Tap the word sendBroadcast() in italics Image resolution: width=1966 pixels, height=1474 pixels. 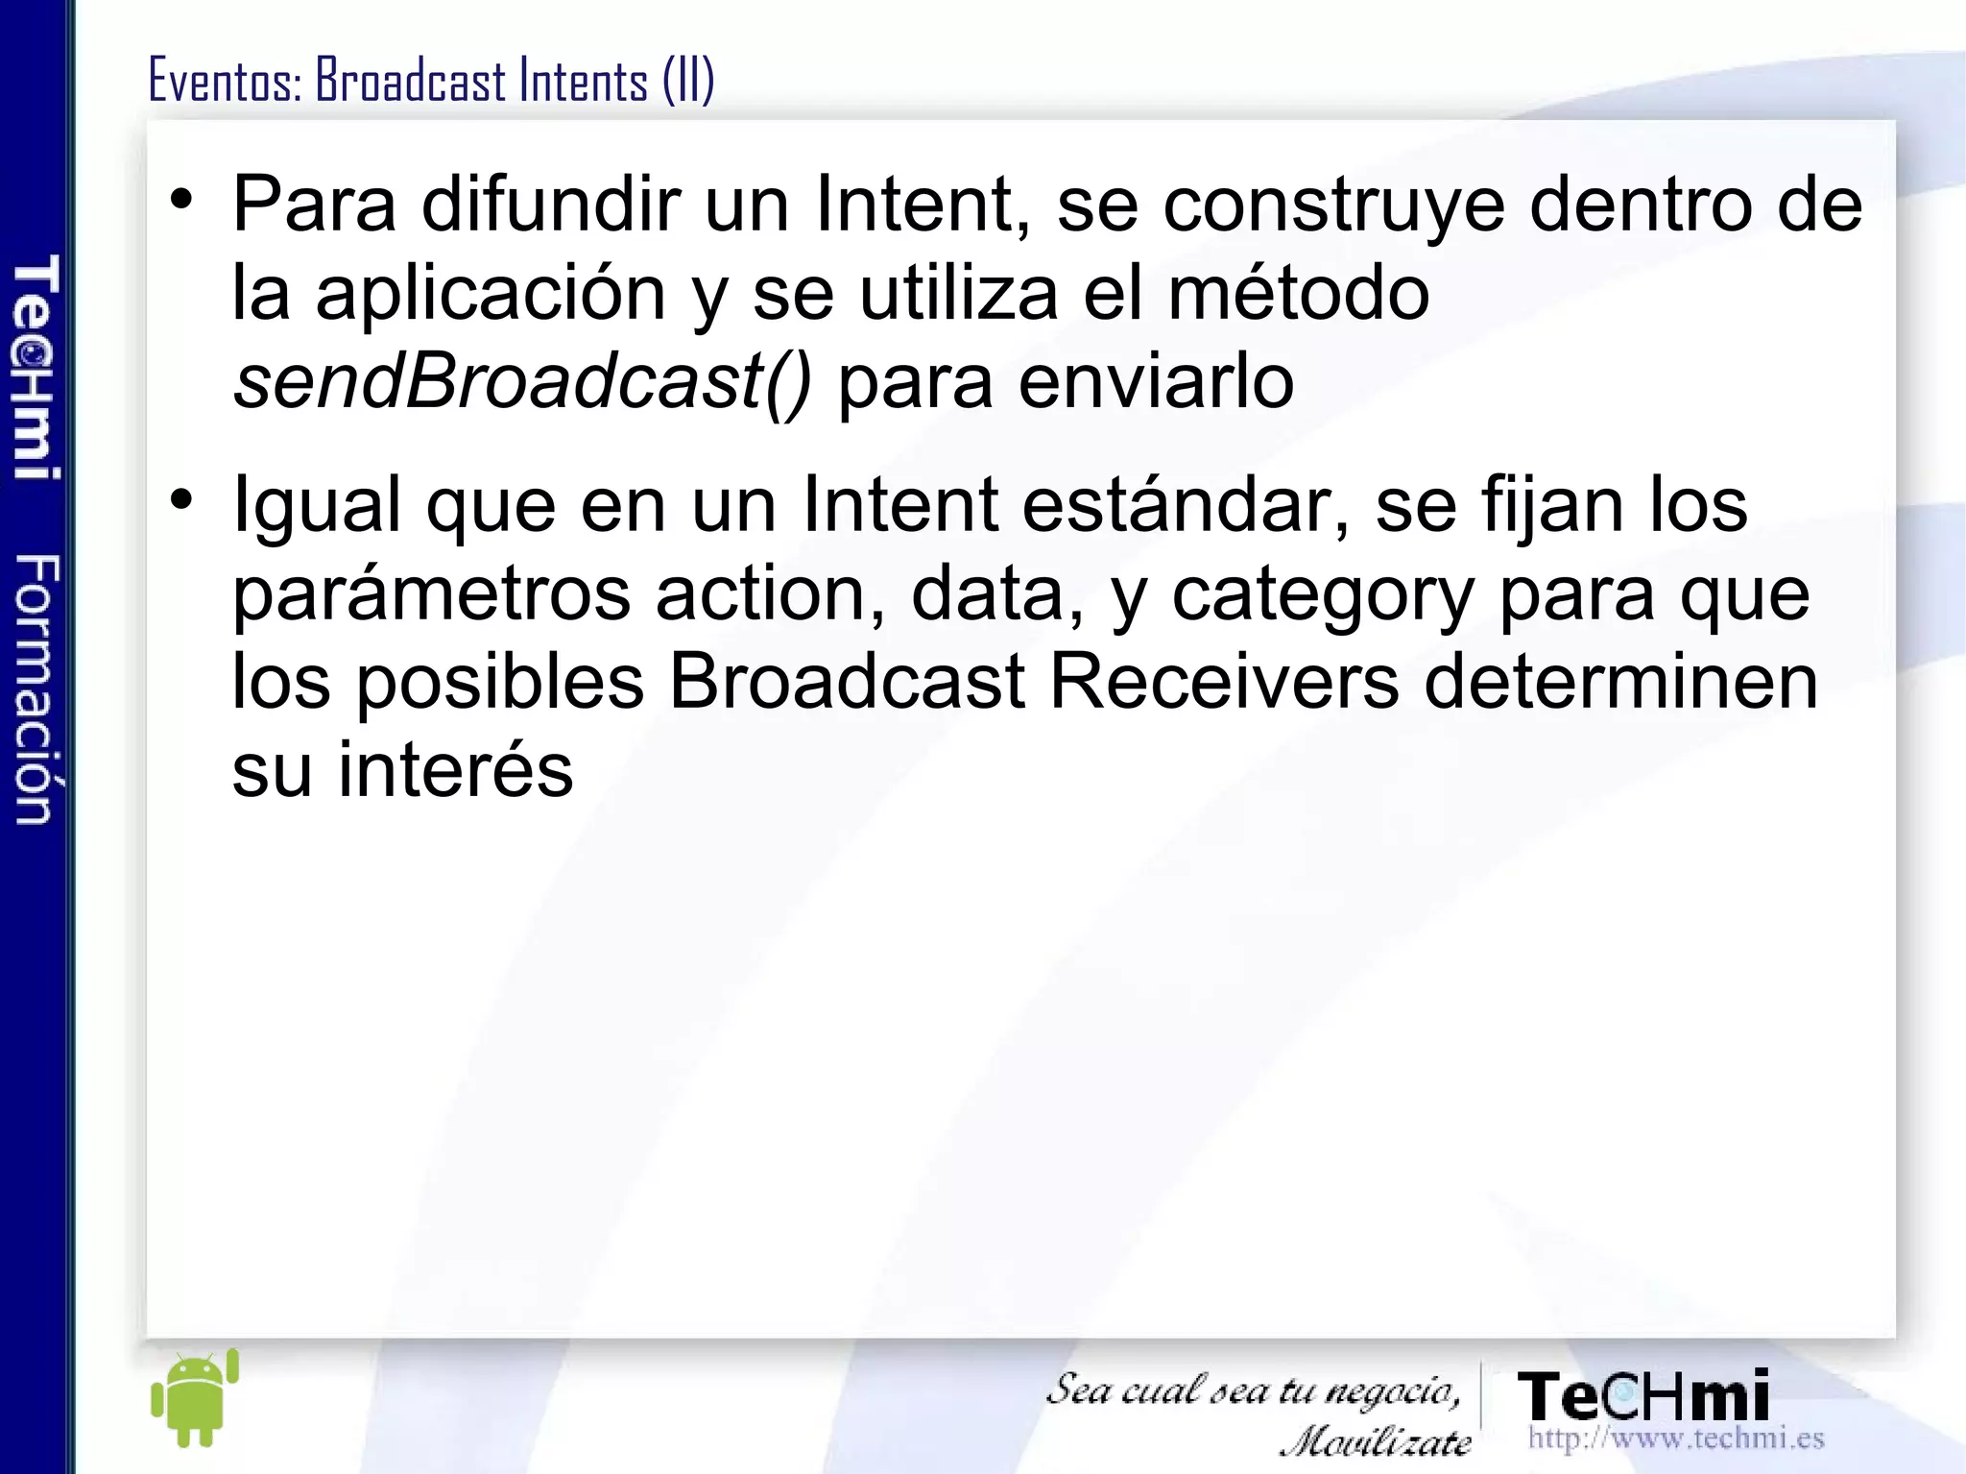tap(522, 382)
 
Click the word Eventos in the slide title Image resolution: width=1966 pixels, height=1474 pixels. tap(225, 81)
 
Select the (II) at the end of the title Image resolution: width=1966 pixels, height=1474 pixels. tap(687, 81)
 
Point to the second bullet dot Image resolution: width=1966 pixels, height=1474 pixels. tap(181, 500)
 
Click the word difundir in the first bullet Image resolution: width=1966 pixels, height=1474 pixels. tap(551, 204)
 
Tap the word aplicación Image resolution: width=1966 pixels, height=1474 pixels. tap(491, 293)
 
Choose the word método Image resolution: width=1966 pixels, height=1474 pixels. tap(1298, 293)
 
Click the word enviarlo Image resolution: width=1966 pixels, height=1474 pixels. tap(1156, 382)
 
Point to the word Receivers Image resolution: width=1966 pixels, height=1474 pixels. tap(1224, 682)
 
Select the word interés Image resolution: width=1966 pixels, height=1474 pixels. tap(455, 770)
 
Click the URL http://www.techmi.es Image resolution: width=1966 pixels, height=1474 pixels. tap(1675, 1438)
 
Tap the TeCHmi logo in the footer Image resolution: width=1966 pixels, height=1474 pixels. tap(1642, 1396)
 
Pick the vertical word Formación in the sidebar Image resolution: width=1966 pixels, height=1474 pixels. tap(36, 689)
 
